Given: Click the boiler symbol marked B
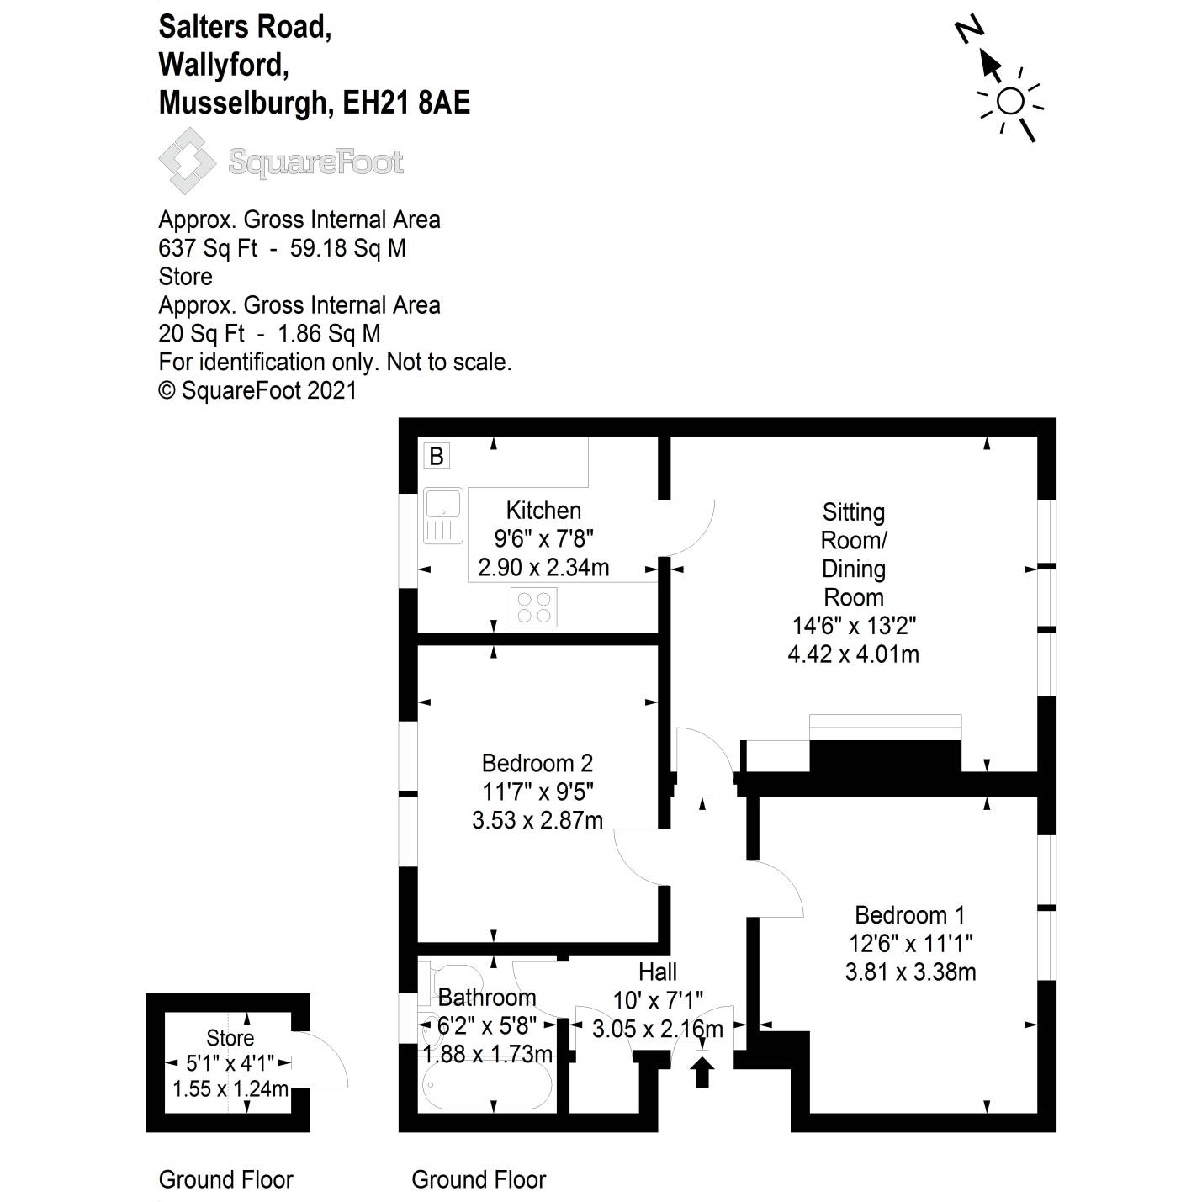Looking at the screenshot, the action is [437, 456].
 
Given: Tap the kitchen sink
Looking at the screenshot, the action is [443, 516].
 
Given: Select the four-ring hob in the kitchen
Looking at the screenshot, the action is [534, 606].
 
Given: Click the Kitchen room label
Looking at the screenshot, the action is [543, 511].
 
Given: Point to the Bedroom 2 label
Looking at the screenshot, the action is [537, 763].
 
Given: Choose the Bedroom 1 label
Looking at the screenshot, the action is [909, 914].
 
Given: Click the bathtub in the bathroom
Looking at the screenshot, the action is [487, 1086].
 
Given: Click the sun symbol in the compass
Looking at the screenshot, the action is [1010, 102].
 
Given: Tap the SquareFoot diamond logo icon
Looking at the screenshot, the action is [187, 161].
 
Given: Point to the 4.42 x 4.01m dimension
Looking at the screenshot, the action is [853, 654].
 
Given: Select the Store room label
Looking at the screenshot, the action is [230, 1038].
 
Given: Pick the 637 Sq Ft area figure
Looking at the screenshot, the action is [208, 248].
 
